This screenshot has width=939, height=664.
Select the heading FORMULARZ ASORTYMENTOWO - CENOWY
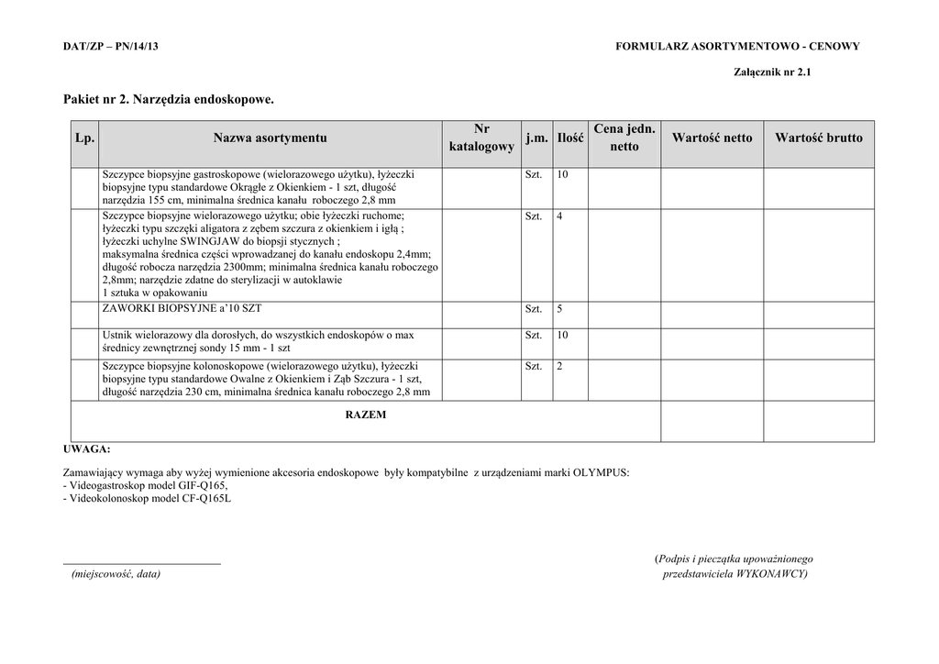(x=737, y=47)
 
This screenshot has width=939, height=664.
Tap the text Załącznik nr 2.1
(x=772, y=72)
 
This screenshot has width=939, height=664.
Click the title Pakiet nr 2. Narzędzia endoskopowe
(x=169, y=98)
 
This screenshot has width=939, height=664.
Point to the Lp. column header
(x=84, y=138)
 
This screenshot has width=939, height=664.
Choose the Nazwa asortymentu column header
(x=270, y=138)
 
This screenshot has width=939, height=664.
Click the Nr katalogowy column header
(x=481, y=138)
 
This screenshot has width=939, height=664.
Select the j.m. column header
(x=536, y=138)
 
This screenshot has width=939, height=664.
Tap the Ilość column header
(x=569, y=138)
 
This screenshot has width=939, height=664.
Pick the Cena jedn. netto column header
(x=624, y=138)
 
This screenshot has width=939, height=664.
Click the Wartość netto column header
(x=712, y=138)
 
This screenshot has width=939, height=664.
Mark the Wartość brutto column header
(x=818, y=138)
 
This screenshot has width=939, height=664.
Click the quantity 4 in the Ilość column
(x=559, y=216)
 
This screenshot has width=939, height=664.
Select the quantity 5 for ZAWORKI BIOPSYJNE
(x=559, y=309)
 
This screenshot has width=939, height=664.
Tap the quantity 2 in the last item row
(x=559, y=366)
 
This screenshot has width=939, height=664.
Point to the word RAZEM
(x=365, y=415)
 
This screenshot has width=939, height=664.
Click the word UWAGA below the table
(x=86, y=449)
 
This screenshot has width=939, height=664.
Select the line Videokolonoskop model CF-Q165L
(x=147, y=499)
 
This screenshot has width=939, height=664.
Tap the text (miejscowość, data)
(x=116, y=574)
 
